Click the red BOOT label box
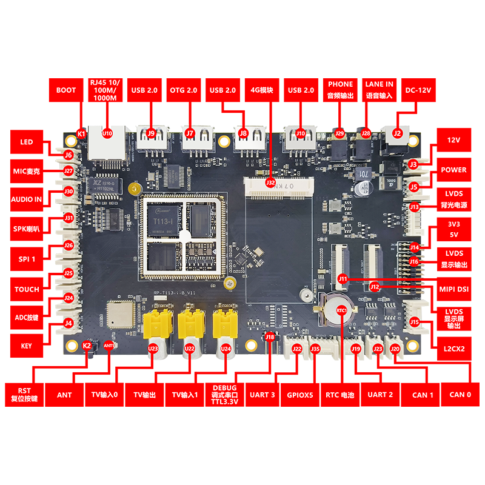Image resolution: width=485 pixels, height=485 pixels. coord(66,90)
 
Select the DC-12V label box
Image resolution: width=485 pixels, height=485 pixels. coord(417,90)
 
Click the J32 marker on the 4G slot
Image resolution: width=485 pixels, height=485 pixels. coord(270,181)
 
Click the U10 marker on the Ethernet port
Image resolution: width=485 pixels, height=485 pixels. coord(107,132)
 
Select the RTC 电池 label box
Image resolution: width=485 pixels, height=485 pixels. coord(339,395)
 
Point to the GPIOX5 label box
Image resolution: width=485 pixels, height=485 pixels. coord(301,395)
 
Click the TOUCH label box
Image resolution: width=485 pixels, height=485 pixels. coord(27,289)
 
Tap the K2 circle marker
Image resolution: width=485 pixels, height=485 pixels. coord(87,346)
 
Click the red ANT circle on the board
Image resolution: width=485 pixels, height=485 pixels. coord(109,346)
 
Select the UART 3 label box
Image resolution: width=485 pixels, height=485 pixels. coord(263,395)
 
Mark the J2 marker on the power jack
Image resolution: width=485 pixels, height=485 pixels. coord(398,133)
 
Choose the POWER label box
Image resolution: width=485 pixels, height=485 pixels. coord(453,170)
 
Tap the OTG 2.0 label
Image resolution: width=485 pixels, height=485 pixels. coord(183,90)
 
